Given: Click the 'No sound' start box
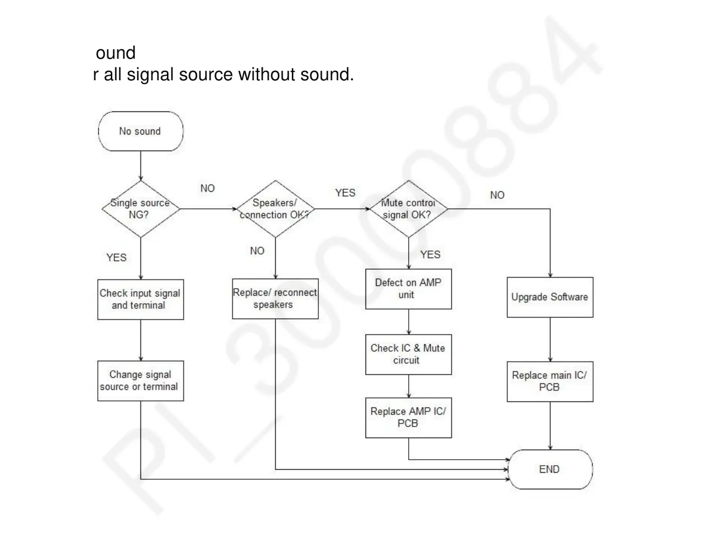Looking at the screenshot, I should (x=140, y=131).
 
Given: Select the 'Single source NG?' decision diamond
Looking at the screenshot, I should (x=140, y=209).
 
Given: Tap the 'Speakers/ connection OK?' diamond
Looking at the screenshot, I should (x=275, y=209).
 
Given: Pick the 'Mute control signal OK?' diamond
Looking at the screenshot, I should (x=409, y=209).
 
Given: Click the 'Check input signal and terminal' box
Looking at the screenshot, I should (x=140, y=300).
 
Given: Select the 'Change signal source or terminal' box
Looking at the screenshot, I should (x=140, y=381).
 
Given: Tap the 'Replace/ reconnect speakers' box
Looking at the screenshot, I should (x=275, y=299).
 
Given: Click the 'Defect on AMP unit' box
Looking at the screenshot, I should (x=409, y=289).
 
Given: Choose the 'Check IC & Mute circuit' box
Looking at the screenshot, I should (x=409, y=354).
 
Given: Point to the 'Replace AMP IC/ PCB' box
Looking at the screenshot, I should (x=409, y=418).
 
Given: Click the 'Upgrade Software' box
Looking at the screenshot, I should (x=550, y=297).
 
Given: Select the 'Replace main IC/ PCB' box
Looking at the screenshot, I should (x=550, y=381).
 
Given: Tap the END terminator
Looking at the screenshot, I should (x=550, y=469).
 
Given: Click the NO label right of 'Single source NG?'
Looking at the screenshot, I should (x=208, y=189).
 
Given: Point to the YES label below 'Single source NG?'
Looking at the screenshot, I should (x=116, y=258).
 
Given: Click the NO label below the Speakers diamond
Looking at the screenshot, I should (x=257, y=251).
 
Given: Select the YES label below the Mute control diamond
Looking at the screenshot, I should (x=430, y=255).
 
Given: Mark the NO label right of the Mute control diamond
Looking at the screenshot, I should (x=497, y=195).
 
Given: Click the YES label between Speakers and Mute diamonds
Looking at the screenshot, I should (x=345, y=193).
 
